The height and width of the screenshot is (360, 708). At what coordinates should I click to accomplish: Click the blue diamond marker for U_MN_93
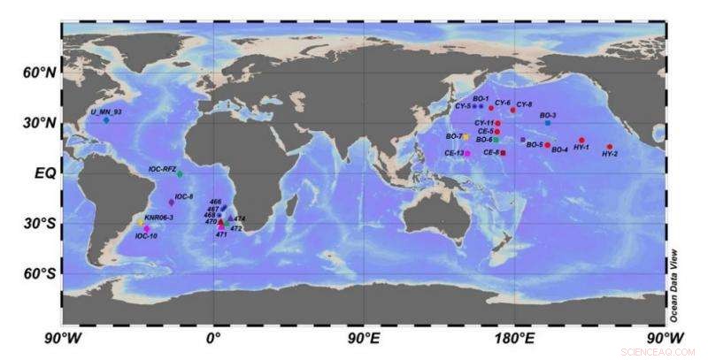(106, 120)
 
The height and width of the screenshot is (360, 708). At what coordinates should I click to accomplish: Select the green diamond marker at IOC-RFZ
(180, 173)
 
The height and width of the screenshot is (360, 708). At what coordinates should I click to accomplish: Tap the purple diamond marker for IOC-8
(172, 203)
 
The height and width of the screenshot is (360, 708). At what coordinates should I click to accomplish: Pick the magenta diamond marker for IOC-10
(147, 229)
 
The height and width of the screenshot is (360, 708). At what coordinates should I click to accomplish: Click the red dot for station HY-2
(610, 147)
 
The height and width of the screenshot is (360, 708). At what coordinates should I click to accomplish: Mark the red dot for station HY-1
(581, 140)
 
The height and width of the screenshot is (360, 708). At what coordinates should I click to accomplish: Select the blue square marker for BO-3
(548, 123)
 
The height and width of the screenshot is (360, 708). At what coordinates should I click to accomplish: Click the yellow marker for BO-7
(466, 136)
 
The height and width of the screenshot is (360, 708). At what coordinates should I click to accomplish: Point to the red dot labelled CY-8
(512, 111)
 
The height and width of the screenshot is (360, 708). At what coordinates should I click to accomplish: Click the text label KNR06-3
(158, 217)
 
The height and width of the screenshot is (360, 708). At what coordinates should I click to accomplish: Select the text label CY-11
(484, 123)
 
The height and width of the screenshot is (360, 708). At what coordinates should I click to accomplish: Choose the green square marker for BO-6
(496, 140)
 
